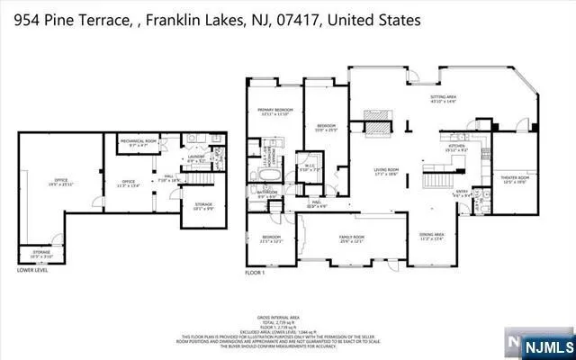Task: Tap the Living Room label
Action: click(x=386, y=171)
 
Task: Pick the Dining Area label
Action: click(x=432, y=237)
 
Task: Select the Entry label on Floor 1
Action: click(x=462, y=193)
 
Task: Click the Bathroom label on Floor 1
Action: click(x=266, y=192)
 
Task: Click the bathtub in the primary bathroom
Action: click(x=267, y=171)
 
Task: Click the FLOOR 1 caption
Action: click(x=256, y=271)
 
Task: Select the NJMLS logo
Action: click(x=540, y=343)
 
